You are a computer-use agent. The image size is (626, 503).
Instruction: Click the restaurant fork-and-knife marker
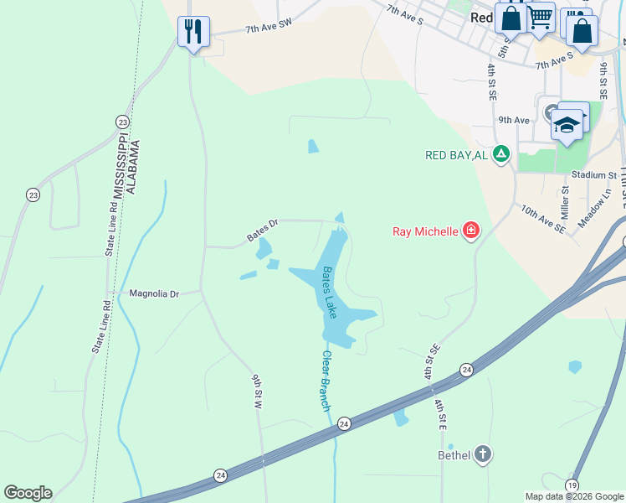194,32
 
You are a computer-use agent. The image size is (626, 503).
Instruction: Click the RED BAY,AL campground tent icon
500,154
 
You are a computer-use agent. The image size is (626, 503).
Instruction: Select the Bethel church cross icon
482,455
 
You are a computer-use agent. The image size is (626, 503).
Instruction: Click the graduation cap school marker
567,125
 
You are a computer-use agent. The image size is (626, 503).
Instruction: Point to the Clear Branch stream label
326,381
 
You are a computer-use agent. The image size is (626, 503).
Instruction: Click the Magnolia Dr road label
154,294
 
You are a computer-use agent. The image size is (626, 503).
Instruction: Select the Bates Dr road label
261,231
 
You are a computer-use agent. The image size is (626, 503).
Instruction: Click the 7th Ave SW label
267,29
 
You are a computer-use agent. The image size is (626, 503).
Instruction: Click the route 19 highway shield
572,485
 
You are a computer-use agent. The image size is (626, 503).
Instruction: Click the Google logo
28,493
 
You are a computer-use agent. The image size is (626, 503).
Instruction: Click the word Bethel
454,455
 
